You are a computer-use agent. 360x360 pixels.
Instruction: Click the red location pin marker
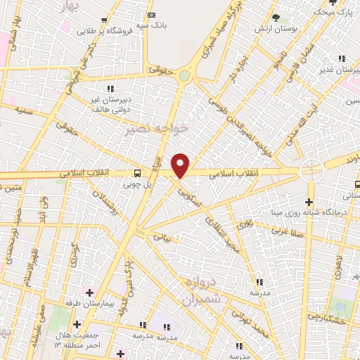click(181, 166)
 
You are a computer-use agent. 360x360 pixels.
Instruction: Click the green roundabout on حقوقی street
click(185, 75)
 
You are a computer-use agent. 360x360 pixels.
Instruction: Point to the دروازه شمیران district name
click(202, 291)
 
